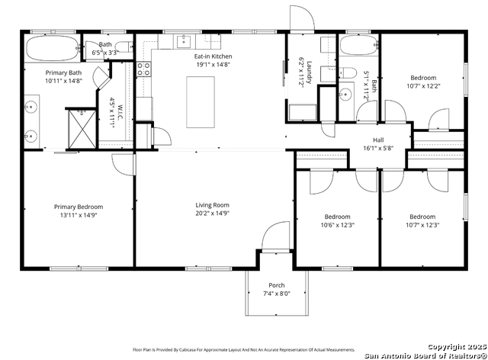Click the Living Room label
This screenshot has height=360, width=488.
[x=212, y=205]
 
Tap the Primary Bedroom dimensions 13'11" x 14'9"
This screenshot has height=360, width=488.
[x=79, y=215]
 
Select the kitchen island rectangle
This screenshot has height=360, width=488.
[x=201, y=102]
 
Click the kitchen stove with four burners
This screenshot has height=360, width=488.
[x=143, y=69]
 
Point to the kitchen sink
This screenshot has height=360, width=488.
[x=184, y=41]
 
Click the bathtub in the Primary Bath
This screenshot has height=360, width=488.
[x=53, y=48]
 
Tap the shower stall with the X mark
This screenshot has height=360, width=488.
[x=82, y=129]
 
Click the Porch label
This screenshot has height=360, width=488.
[x=277, y=285]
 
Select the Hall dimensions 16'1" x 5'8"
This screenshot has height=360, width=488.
[x=378, y=148]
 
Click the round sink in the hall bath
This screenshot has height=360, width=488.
[x=345, y=94]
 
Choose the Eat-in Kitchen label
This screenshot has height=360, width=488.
[x=213, y=56]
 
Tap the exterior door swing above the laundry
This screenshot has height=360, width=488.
[x=302, y=18]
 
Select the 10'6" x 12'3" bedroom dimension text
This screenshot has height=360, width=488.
[x=338, y=225]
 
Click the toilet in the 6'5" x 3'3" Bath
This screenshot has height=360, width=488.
[x=126, y=47]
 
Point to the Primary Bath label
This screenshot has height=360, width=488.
[x=63, y=72]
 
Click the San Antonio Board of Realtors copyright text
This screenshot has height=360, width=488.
[x=425, y=355]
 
